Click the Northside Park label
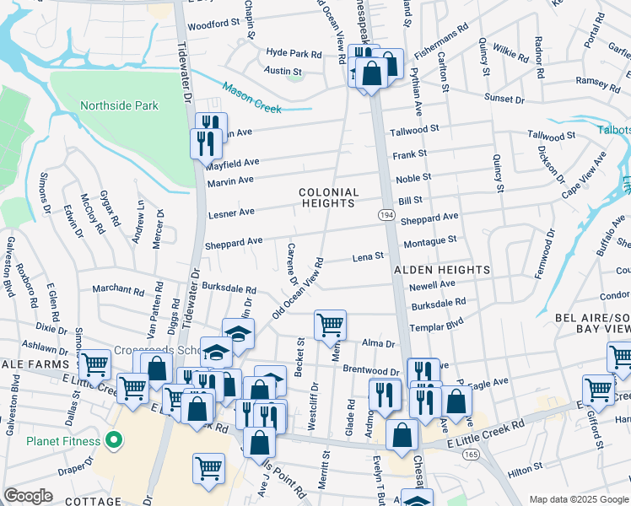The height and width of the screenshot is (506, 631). point(119,106)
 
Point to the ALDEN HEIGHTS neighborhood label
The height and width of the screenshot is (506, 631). point(441,270)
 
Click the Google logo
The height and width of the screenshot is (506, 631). point(29,496)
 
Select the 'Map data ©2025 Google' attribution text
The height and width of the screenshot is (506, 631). point(579,498)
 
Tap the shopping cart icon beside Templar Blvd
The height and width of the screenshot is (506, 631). point(330,324)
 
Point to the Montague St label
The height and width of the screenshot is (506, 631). point(429,242)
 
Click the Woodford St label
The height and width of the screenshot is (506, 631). point(213,25)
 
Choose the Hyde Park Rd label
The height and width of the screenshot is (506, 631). point(294,53)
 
